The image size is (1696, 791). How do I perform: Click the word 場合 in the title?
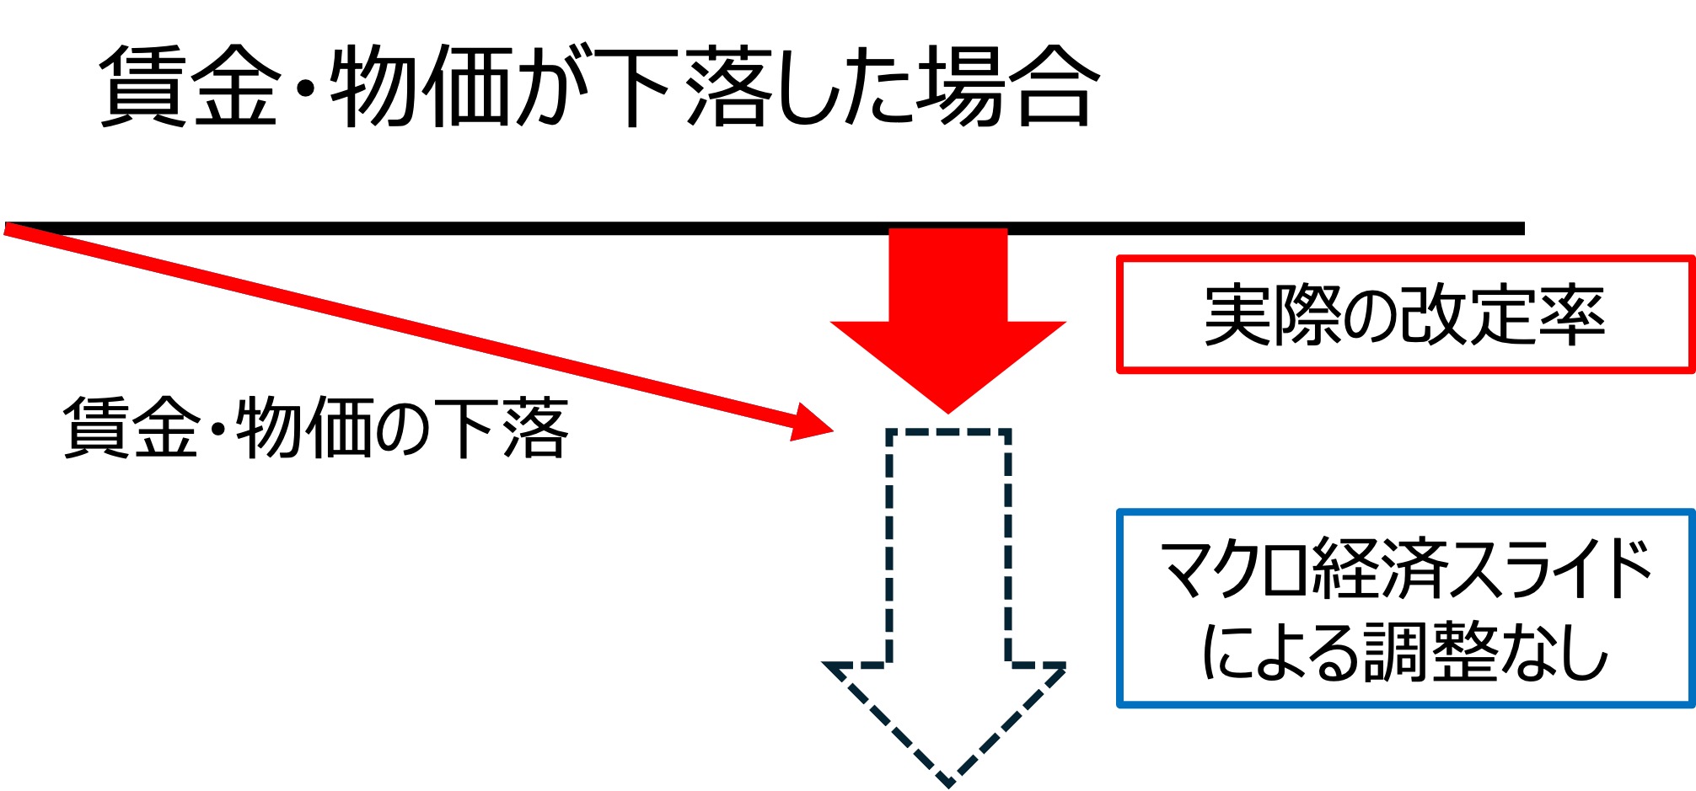pyautogui.click(x=1007, y=86)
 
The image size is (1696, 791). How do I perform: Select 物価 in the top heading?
pyautogui.click(x=421, y=86)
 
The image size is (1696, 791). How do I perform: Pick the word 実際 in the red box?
pyautogui.click(x=1272, y=315)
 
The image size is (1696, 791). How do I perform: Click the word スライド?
pyautogui.click(x=1551, y=569)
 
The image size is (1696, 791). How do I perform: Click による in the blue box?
pyautogui.click(x=1281, y=652)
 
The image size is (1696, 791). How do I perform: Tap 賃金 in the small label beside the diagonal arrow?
pyautogui.click(x=131, y=428)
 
